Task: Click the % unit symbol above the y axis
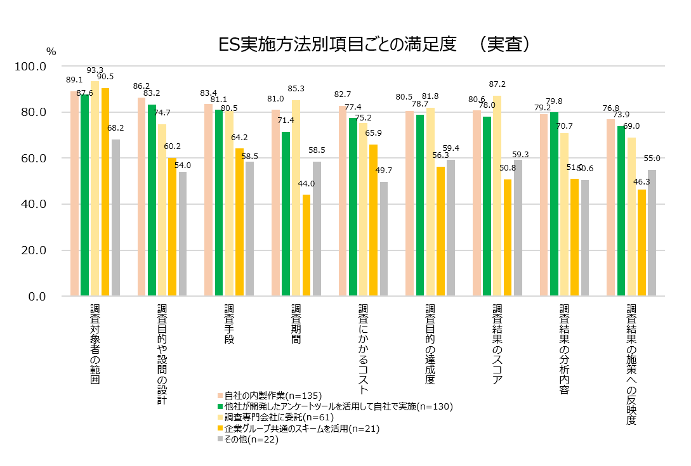point(51,51)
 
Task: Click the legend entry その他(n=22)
point(247,439)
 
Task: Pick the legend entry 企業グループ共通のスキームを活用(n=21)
point(298,429)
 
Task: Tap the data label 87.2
point(497,84)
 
